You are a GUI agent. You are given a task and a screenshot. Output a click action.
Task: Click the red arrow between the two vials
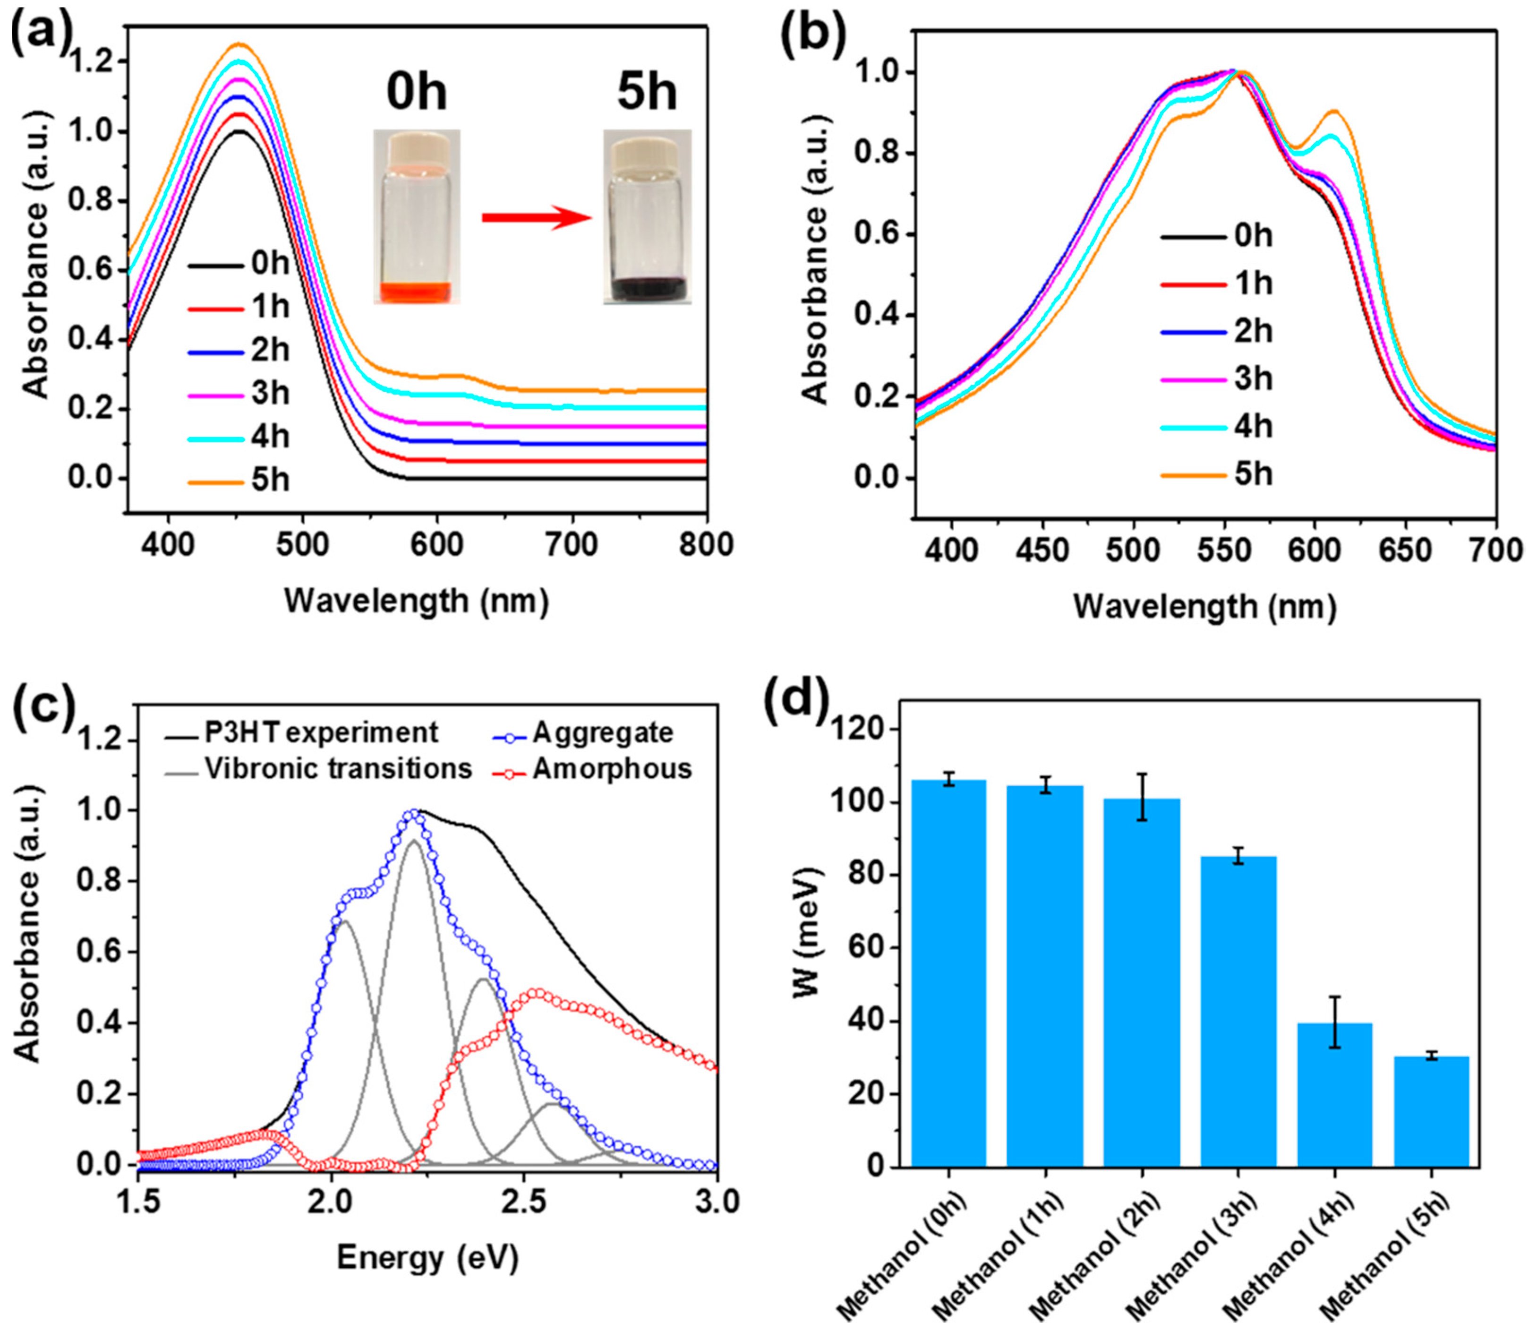click(x=537, y=218)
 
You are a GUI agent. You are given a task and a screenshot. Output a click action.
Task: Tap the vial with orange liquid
click(x=416, y=217)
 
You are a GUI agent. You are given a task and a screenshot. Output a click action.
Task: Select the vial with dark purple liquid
click(x=647, y=217)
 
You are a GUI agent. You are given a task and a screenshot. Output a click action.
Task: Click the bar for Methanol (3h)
click(x=1239, y=1011)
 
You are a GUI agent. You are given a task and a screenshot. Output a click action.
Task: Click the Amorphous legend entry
click(x=593, y=769)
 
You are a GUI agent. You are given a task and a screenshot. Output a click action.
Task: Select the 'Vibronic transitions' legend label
click(x=338, y=769)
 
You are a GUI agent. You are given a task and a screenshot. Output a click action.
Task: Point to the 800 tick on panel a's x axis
click(x=706, y=545)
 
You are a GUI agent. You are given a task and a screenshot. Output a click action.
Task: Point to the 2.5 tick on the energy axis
click(x=524, y=1201)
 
